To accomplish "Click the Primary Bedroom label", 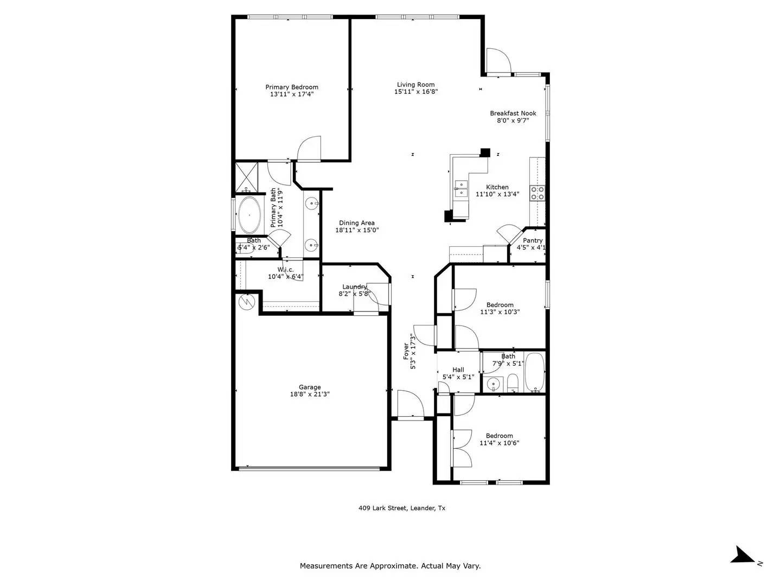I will click(x=292, y=87).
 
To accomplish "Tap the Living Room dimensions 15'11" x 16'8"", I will click(x=415, y=92).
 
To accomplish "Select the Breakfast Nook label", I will click(x=513, y=113).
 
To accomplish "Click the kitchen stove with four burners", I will click(x=537, y=193).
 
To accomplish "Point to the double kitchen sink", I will click(x=462, y=188).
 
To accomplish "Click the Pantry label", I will click(x=533, y=240).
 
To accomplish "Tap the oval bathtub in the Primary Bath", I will click(x=249, y=214).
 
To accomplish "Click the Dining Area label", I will click(x=356, y=223).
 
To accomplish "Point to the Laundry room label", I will click(x=354, y=286).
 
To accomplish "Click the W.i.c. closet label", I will click(x=285, y=270).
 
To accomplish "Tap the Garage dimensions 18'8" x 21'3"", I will click(x=310, y=394).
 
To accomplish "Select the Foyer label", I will click(x=406, y=351).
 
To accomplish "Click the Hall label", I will click(x=458, y=370).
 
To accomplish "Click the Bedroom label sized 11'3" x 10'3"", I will click(x=500, y=305).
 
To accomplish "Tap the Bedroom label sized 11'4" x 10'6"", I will click(x=499, y=436).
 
